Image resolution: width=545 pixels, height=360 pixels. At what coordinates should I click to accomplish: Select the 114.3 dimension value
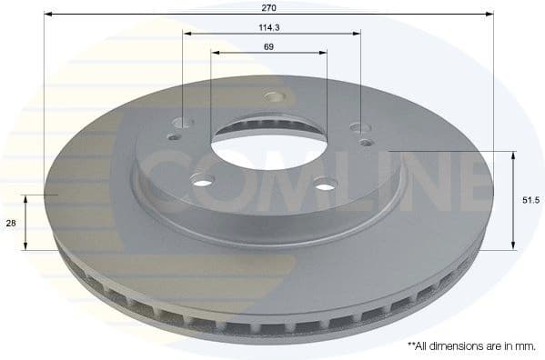pyautogui.click(x=268, y=27)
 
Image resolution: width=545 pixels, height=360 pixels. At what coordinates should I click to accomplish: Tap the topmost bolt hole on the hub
pyautogui.click(x=270, y=98)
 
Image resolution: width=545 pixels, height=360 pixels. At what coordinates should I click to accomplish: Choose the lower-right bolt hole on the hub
pyautogui.click(x=324, y=185)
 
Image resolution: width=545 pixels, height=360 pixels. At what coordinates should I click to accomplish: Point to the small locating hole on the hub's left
pyautogui.click(x=175, y=139)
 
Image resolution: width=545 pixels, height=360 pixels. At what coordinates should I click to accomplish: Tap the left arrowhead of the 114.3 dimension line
pyautogui.click(x=187, y=35)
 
